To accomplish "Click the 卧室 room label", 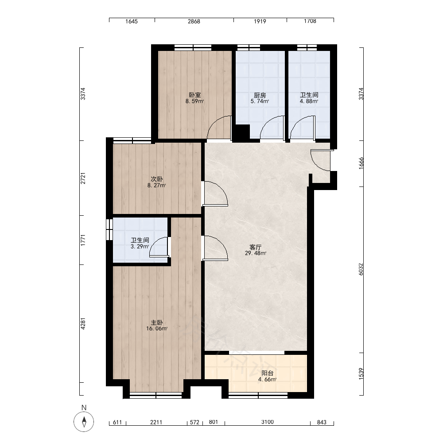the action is (x=194, y=95).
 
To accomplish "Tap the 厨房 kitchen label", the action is (x=260, y=95).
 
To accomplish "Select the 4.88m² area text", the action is (x=309, y=101).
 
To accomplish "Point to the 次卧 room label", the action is (x=156, y=179).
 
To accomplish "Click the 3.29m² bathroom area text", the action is (x=140, y=246).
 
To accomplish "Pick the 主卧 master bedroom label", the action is (x=156, y=323).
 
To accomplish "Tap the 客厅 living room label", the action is (x=256, y=247).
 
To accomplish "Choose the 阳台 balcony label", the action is (x=267, y=373).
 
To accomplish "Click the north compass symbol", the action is (x=84, y=422).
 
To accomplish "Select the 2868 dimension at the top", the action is (x=194, y=21).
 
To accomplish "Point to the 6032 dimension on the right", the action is (x=361, y=269).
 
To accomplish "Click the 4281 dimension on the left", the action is (x=83, y=324).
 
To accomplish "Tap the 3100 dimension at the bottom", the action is (x=267, y=422).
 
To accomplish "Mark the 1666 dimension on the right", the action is (x=361, y=163).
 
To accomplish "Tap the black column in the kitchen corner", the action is (x=243, y=132).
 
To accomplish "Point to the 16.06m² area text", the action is (x=157, y=329).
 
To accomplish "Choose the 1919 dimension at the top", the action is (x=260, y=21).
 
